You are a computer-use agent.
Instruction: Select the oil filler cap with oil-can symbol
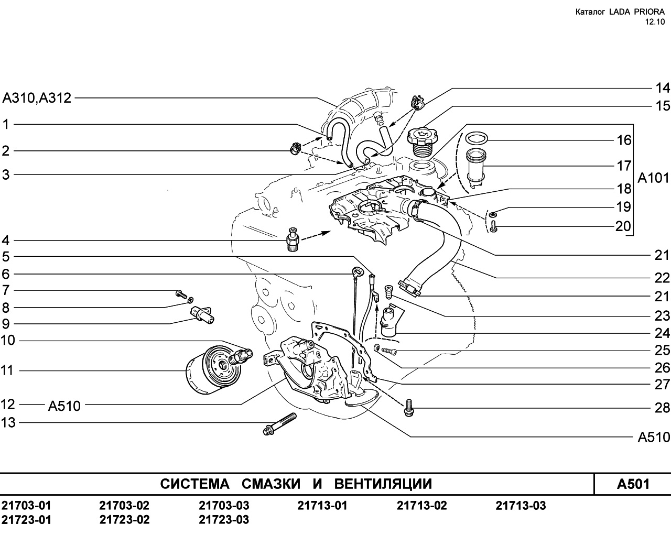pos(424,142)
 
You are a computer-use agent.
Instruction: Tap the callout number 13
pos(8,423)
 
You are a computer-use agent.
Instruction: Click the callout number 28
pos(662,408)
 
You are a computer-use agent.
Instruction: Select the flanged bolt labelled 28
pos(409,408)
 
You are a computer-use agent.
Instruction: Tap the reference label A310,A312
pos(37,98)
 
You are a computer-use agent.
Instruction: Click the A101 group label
pos(653,178)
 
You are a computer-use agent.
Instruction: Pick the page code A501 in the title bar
pos(633,484)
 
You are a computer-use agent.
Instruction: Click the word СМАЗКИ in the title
pos(271,484)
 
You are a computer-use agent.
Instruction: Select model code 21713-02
pos(421,505)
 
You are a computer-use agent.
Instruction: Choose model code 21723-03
pos(224,520)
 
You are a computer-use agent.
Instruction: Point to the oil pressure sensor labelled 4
pos(293,239)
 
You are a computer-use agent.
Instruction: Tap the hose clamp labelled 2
pos(295,148)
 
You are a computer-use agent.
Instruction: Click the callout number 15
pos(662,106)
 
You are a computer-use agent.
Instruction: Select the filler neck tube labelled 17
pos(475,168)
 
